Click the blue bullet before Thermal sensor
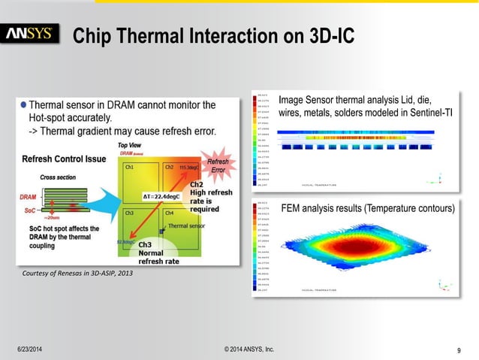pos(23,104)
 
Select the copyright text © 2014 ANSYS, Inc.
pos(249,349)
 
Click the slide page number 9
pos(457,349)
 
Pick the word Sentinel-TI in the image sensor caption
pos(426,113)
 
